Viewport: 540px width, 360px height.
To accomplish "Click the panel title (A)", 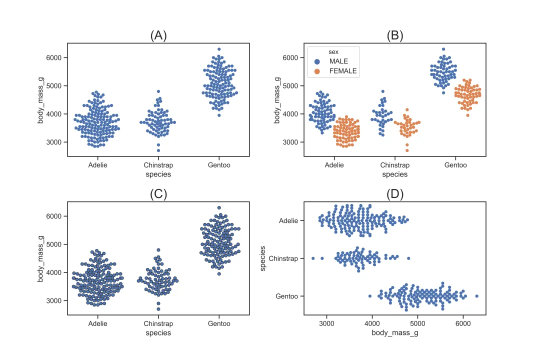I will click(158, 35).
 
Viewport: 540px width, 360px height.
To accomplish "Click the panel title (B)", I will click(395, 35).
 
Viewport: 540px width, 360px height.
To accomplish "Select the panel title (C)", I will click(158, 194).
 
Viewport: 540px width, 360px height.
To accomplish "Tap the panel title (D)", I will click(395, 194).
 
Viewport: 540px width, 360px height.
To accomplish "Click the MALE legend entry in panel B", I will click(338, 61).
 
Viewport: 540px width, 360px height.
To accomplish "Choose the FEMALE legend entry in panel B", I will click(342, 71).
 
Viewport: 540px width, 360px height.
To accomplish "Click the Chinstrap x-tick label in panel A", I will click(158, 165).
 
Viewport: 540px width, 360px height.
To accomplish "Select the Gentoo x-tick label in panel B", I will click(455, 165).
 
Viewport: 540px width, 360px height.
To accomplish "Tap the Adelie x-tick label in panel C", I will click(97, 323).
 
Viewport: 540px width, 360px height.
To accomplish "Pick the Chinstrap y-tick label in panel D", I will click(283, 258).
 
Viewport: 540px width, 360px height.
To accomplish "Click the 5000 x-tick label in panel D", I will click(417, 323).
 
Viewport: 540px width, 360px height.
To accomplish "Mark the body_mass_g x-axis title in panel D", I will click(395, 332).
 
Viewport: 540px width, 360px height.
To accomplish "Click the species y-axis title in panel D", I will click(263, 258).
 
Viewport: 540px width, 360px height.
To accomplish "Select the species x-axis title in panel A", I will click(158, 174).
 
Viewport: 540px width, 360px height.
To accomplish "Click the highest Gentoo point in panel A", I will click(219, 49).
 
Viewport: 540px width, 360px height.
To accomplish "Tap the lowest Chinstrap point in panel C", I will click(158, 309).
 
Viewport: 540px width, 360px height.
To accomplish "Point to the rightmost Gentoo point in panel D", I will click(476, 296).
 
